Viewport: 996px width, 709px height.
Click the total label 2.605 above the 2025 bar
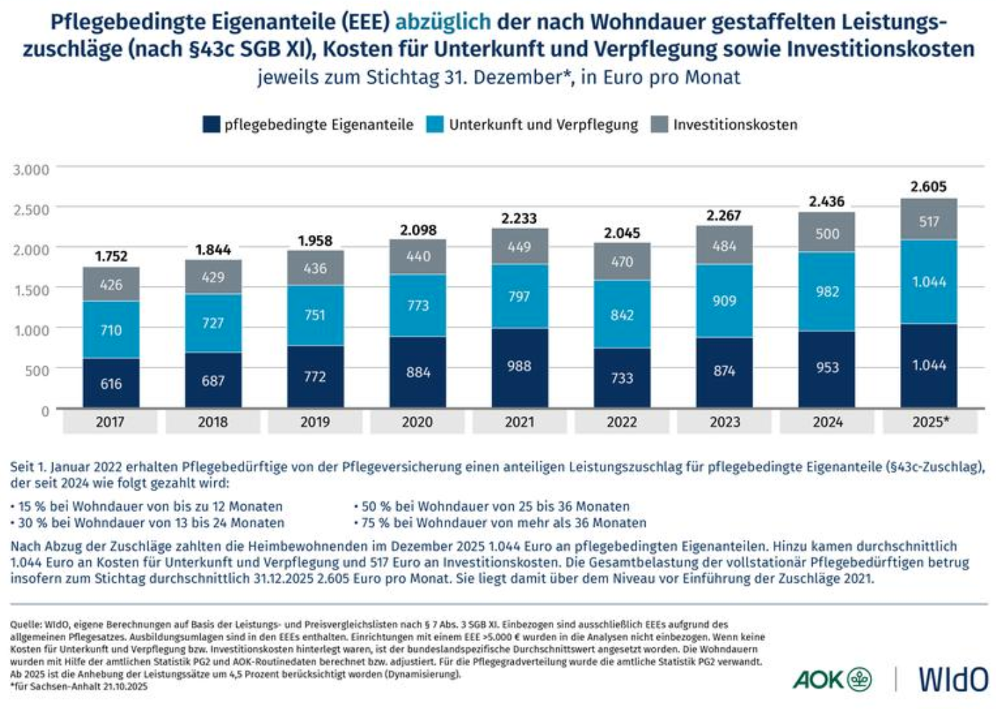pos(929,187)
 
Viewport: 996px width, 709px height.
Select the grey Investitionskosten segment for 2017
pos(111,284)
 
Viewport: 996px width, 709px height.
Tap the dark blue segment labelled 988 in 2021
pos(519,367)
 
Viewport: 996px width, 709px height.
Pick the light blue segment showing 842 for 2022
pos(622,315)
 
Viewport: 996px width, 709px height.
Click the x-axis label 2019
pos(315,423)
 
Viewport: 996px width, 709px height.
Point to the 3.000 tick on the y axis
pos(32,170)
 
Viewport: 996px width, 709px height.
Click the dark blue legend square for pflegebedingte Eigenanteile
pos(211,125)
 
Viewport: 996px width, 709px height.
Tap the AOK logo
pos(831,679)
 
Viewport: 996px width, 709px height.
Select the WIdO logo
pos(953,679)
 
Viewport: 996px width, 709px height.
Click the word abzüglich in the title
pos(443,21)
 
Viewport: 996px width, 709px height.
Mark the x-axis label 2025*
pos(930,423)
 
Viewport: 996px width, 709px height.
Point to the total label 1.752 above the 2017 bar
pos(111,256)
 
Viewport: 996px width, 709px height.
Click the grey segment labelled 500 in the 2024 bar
pos(827,234)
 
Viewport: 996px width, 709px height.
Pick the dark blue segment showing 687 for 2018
pos(213,381)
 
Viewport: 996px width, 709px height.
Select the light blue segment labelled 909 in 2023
pos(724,301)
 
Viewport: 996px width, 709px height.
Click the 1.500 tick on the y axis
pos(32,290)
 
